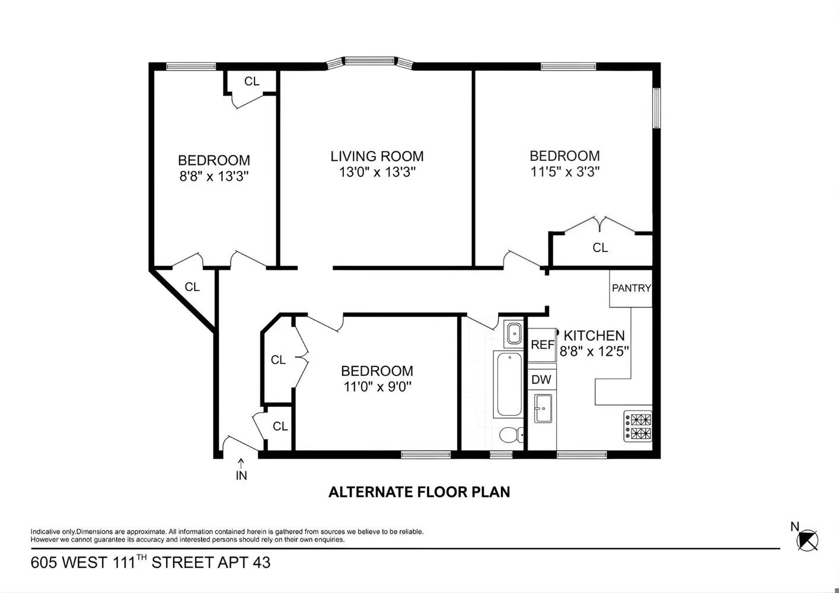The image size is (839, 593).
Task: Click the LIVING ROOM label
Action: coord(377,157)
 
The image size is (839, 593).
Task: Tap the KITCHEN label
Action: coord(594,336)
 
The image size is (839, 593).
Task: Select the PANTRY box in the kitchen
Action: coord(631,288)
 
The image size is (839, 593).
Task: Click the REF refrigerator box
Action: coord(542,345)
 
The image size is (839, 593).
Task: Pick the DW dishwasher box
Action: coord(541,380)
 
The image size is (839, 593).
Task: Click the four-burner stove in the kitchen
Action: coord(637,426)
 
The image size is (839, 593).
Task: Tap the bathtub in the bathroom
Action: coord(509,384)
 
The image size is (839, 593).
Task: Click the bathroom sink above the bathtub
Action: coord(512,334)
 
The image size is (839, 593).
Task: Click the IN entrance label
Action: coord(241,475)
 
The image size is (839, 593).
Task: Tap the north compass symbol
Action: coord(807,539)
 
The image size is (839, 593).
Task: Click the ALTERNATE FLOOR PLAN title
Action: coord(419,492)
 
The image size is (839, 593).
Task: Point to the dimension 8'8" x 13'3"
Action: coord(214,176)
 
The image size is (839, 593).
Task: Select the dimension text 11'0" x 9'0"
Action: coord(377,387)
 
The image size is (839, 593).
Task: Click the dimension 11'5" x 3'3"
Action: coord(564,172)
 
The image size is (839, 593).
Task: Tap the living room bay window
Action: coord(370,61)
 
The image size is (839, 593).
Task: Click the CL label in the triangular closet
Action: coord(192,287)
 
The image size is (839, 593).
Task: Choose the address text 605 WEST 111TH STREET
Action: coord(151,562)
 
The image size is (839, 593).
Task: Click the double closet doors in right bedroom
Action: coord(601,225)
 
